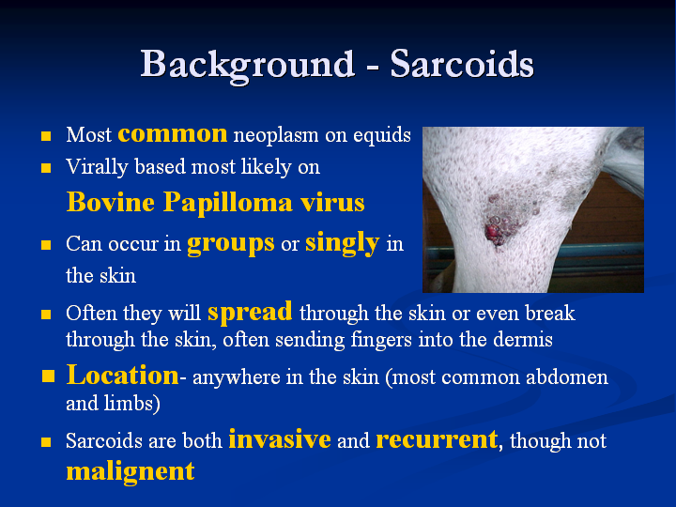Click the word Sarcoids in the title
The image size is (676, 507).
point(462,64)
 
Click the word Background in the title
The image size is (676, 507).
point(248,66)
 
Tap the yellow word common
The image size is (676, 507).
point(173,133)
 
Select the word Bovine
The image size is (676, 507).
point(111,202)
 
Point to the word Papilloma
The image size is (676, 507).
point(227,203)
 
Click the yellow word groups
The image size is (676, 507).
point(231,244)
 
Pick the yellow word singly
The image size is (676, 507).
point(343,243)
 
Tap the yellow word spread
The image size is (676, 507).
point(250,312)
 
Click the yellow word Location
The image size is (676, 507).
point(122,375)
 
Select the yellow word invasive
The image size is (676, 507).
point(280,439)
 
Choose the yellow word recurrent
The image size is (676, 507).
point(437,440)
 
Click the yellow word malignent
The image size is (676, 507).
point(131,471)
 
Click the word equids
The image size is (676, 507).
point(382,135)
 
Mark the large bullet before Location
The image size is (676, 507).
point(48,376)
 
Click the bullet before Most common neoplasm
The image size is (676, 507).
point(46,136)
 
